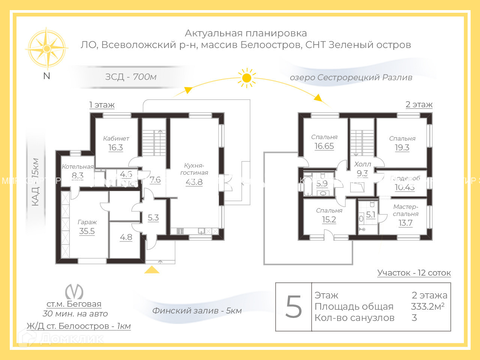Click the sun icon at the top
pos(246,78)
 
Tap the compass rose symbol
pos(46,48)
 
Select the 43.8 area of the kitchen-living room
pos(194,182)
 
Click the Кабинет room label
pos(116,138)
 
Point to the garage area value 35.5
pos(87,231)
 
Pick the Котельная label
pos(78,167)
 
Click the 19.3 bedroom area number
pos(402,147)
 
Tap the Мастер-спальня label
pos(405,210)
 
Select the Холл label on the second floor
pos(363,164)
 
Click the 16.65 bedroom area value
pos(324,146)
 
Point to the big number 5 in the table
pos(294,307)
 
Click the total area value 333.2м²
pos(427,306)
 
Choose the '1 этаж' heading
pos(102,105)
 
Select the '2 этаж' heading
pos(419,105)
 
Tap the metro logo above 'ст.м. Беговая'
pos(74,292)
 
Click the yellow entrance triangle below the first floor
pos(151,270)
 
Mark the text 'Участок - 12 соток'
pos(414,273)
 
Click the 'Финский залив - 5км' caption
pos(197,310)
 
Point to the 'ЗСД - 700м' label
pos(130,77)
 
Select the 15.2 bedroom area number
pos(329,220)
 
